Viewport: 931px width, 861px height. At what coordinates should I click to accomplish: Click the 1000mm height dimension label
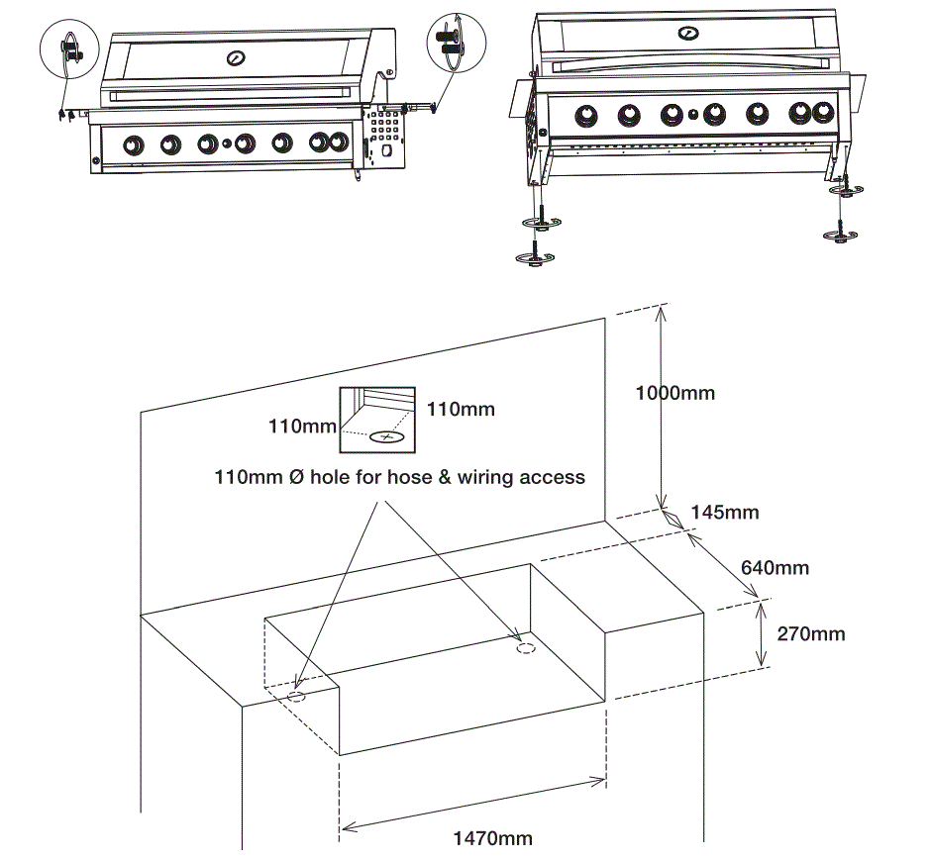[x=674, y=393]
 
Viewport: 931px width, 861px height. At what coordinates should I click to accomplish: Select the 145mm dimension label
[x=725, y=512]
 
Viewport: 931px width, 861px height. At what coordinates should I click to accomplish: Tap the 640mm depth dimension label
[x=775, y=567]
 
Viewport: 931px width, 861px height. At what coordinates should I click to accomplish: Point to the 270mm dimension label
[x=811, y=633]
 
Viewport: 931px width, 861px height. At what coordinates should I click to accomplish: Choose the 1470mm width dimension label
[x=492, y=838]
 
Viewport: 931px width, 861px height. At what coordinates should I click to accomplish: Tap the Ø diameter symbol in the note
[x=295, y=477]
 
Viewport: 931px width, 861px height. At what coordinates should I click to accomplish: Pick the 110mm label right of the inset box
[x=461, y=408]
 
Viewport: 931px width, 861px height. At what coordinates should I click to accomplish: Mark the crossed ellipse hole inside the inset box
[x=386, y=435]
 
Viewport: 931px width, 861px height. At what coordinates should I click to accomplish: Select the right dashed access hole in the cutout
[x=527, y=649]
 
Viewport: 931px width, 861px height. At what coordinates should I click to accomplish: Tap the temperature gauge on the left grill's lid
[x=236, y=58]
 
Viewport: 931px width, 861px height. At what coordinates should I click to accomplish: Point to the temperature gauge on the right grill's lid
[x=687, y=33]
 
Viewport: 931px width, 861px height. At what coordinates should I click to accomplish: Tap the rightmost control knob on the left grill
[x=323, y=144]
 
